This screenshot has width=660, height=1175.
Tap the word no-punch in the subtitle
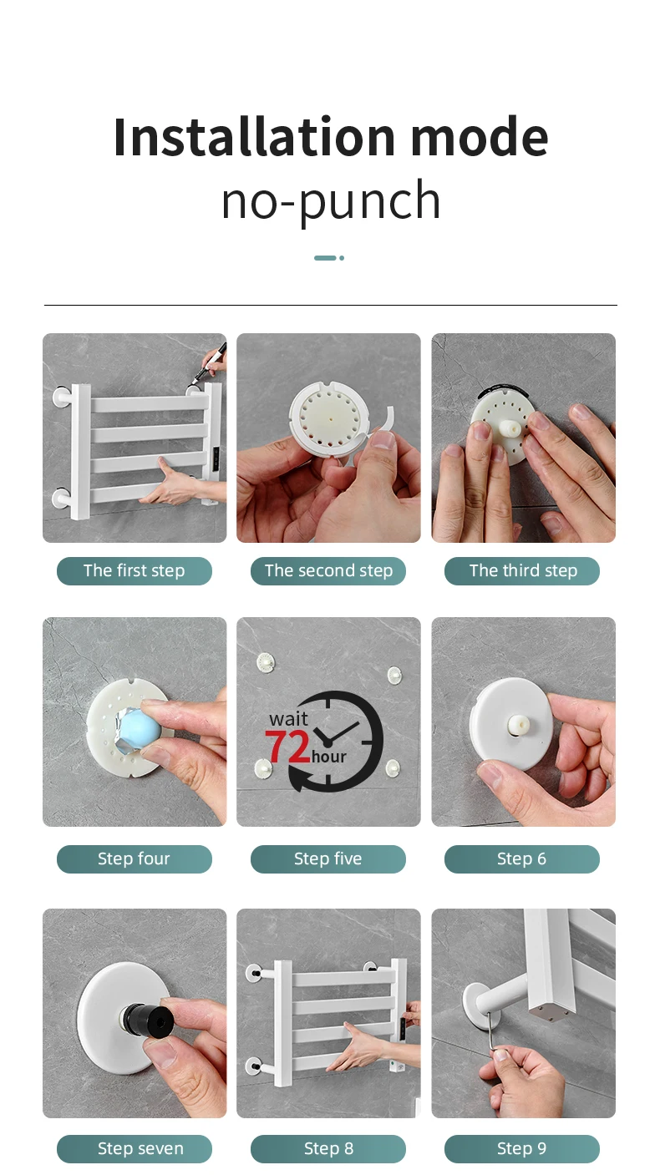click(331, 200)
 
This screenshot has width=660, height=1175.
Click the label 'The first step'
click(135, 570)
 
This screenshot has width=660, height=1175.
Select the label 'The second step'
click(328, 570)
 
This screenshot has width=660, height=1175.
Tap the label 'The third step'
click(522, 570)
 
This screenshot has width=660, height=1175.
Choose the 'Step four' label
click(135, 858)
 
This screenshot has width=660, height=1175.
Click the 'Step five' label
click(328, 858)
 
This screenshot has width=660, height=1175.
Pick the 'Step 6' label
click(522, 858)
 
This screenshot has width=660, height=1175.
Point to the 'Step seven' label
click(135, 1148)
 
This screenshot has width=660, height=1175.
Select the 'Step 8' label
click(328, 1148)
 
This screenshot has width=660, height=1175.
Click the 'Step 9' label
click(522, 1148)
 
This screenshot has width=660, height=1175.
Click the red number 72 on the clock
click(288, 746)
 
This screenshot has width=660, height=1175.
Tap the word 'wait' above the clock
click(288, 719)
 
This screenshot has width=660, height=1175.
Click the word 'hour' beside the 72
click(329, 757)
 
